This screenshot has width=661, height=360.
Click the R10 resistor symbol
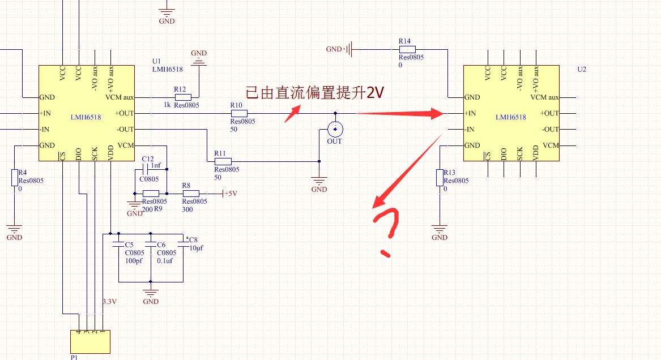pos(239,113)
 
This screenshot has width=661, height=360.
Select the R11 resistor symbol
pos(223,161)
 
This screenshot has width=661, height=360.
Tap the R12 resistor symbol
pos(183,97)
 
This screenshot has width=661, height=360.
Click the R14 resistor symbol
pos(407,49)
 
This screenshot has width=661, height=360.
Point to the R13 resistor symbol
pos(440,177)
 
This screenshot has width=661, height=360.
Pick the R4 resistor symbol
pos(15,177)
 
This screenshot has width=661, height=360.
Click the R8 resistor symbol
pos(191,193)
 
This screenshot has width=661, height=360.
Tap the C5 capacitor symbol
pos(118,244)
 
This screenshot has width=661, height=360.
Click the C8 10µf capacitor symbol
pos(184,243)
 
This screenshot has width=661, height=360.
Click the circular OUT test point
pos(335,129)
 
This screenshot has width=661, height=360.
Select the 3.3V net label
pos(110,302)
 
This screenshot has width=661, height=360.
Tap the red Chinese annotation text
pos(314,93)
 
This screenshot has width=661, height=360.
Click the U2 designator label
pos(582,70)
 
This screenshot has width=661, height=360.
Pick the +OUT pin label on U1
pos(125,113)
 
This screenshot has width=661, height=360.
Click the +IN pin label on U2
pos(470,113)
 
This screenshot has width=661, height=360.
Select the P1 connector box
pos(90,341)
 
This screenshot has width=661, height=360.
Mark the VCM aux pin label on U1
pos(120,97)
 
